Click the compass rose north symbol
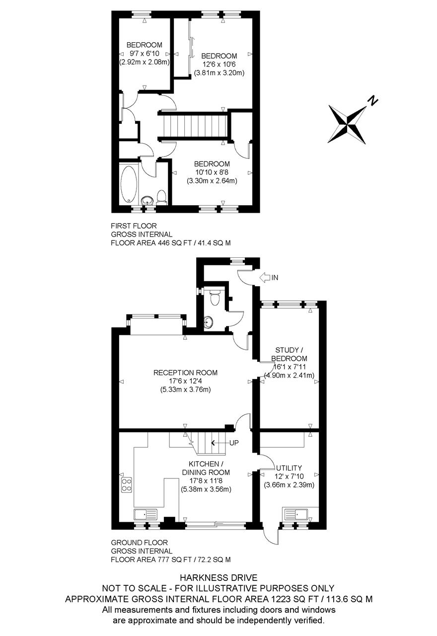tap(347, 122)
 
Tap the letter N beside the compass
tap(372, 102)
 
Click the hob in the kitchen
tap(126, 484)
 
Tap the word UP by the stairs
tap(234, 442)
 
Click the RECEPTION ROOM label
tap(185, 373)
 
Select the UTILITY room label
tap(289, 468)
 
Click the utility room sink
tap(295, 514)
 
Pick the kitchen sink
tap(145, 514)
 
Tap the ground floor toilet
tap(215, 299)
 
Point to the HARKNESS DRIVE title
tap(218, 577)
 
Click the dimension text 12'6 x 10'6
tap(219, 64)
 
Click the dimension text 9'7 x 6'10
tap(144, 54)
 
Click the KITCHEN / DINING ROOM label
tap(205, 468)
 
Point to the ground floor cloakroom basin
tap(209, 322)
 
